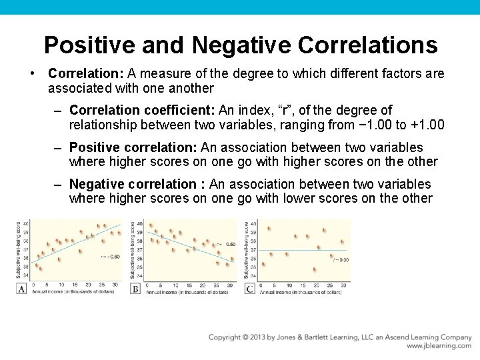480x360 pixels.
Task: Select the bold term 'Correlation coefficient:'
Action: click(x=131, y=110)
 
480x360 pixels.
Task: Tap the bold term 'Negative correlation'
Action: click(x=137, y=184)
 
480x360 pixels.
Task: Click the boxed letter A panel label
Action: click(x=21, y=289)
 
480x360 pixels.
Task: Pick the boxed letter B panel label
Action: click(x=135, y=289)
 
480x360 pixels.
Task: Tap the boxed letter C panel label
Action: click(x=249, y=289)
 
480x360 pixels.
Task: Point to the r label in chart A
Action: click(x=110, y=256)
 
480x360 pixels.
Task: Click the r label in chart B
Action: click(x=226, y=245)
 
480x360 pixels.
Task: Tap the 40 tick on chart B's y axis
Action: click(x=139, y=224)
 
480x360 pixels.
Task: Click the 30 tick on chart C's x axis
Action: click(x=343, y=285)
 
